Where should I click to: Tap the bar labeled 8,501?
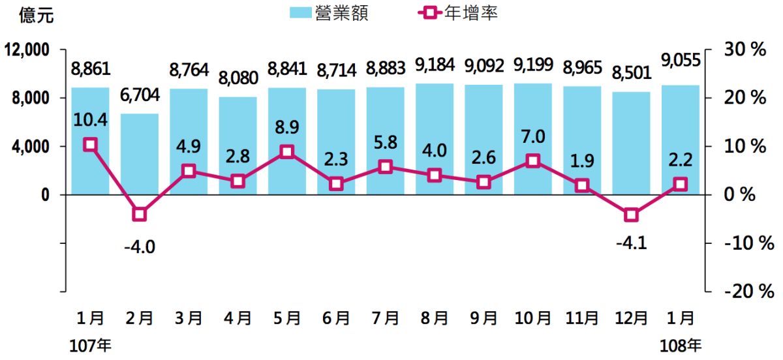click(x=631, y=143)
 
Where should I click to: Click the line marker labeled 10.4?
click(x=90, y=145)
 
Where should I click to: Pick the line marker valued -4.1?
click(x=631, y=215)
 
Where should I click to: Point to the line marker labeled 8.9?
click(x=286, y=152)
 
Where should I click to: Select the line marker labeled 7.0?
click(x=533, y=160)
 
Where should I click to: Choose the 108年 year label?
click(x=681, y=346)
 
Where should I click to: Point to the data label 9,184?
click(x=435, y=66)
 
